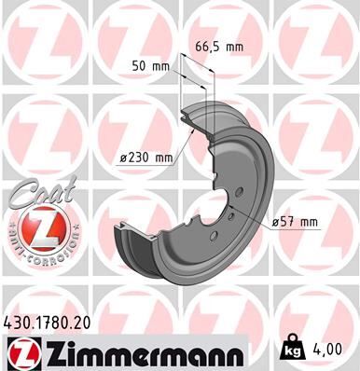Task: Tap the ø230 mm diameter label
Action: click(x=146, y=158)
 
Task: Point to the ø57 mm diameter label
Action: click(x=295, y=221)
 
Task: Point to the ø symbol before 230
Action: click(x=125, y=158)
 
